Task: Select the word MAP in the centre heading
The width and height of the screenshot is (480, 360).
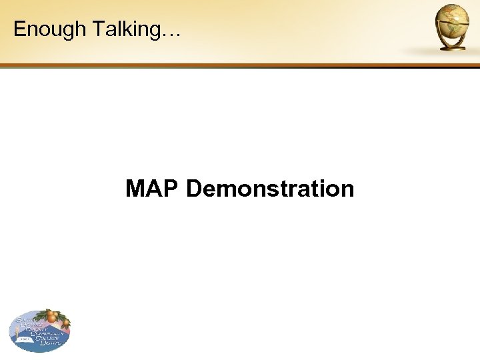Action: [153, 189]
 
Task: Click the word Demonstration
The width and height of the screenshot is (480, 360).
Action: [270, 189]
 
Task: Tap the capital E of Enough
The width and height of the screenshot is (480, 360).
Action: [19, 29]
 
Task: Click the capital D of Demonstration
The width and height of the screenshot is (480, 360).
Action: [194, 189]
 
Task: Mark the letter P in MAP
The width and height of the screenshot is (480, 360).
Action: [171, 189]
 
